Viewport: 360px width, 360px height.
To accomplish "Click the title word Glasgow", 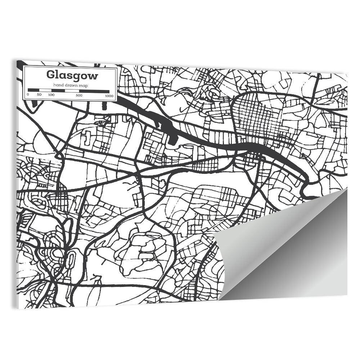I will [x=72, y=75].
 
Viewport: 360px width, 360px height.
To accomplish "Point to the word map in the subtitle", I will [x=84, y=85].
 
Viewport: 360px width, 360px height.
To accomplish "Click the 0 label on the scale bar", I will [x=28, y=95].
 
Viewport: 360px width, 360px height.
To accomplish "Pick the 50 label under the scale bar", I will [x=39, y=95].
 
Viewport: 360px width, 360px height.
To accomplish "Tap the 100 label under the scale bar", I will [x=51, y=95].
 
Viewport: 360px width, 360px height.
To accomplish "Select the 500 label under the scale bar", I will [x=79, y=95].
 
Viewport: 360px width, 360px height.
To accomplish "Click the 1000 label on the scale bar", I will [x=109, y=96].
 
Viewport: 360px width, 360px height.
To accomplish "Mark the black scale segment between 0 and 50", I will [x=33, y=90].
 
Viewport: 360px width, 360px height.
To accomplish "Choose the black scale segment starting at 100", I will [x=58, y=91].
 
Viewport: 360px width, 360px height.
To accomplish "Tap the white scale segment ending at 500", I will [x=72, y=91].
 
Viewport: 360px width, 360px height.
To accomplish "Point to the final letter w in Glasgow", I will [x=93, y=76].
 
